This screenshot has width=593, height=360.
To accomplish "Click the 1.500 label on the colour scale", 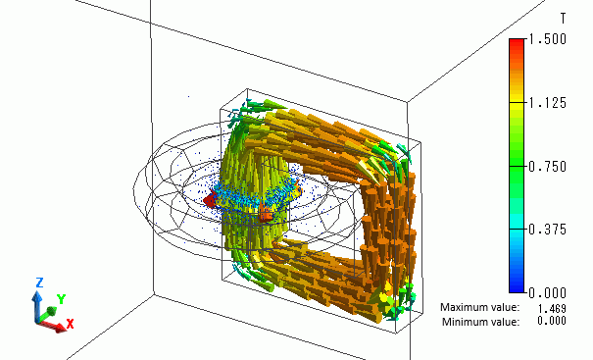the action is tap(547, 39).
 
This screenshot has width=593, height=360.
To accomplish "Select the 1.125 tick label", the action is tap(547, 103).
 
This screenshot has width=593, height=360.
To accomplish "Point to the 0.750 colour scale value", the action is tap(547, 166).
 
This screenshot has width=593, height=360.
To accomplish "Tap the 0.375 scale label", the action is tap(547, 230).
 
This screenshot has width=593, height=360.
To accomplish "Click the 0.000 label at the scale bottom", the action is tap(547, 292).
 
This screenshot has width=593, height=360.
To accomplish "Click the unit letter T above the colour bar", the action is tap(564, 19).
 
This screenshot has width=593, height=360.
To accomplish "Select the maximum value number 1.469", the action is tap(552, 308).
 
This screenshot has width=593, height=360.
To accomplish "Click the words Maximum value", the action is tap(479, 307).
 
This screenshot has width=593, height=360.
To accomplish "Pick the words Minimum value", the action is tap(480, 322).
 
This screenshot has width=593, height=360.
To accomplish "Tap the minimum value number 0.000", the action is tap(552, 321).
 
